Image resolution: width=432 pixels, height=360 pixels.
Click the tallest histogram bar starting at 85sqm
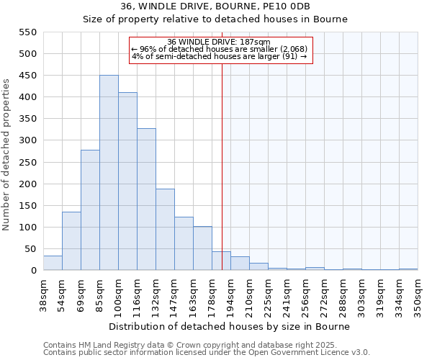click(109, 173)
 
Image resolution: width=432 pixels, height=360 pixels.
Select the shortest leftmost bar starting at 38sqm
click(53, 264)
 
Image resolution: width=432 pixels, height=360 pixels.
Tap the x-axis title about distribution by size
click(230, 326)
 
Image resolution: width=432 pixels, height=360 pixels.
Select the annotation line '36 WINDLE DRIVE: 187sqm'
click(219, 42)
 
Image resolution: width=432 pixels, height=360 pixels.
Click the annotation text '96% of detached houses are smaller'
click(219, 49)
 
